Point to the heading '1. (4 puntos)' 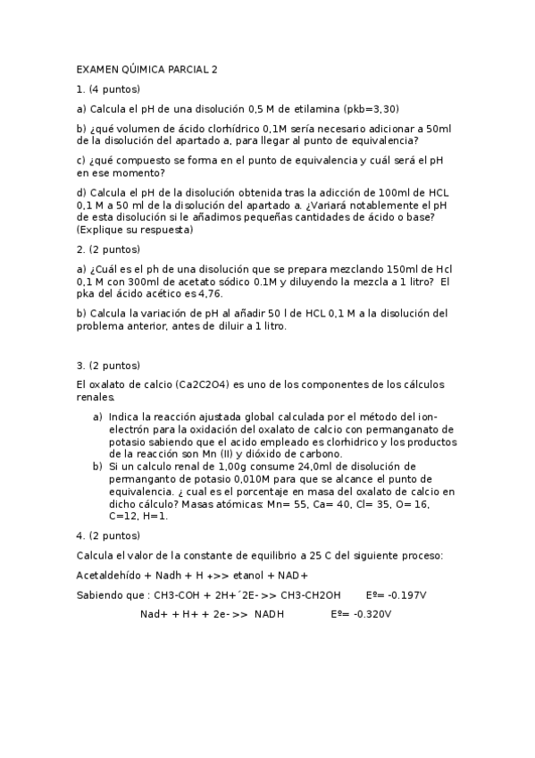[x=108, y=89]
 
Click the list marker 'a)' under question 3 [x=98, y=417]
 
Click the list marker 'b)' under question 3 [x=98, y=467]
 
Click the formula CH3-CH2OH [x=310, y=595]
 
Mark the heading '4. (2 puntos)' [x=108, y=535]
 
